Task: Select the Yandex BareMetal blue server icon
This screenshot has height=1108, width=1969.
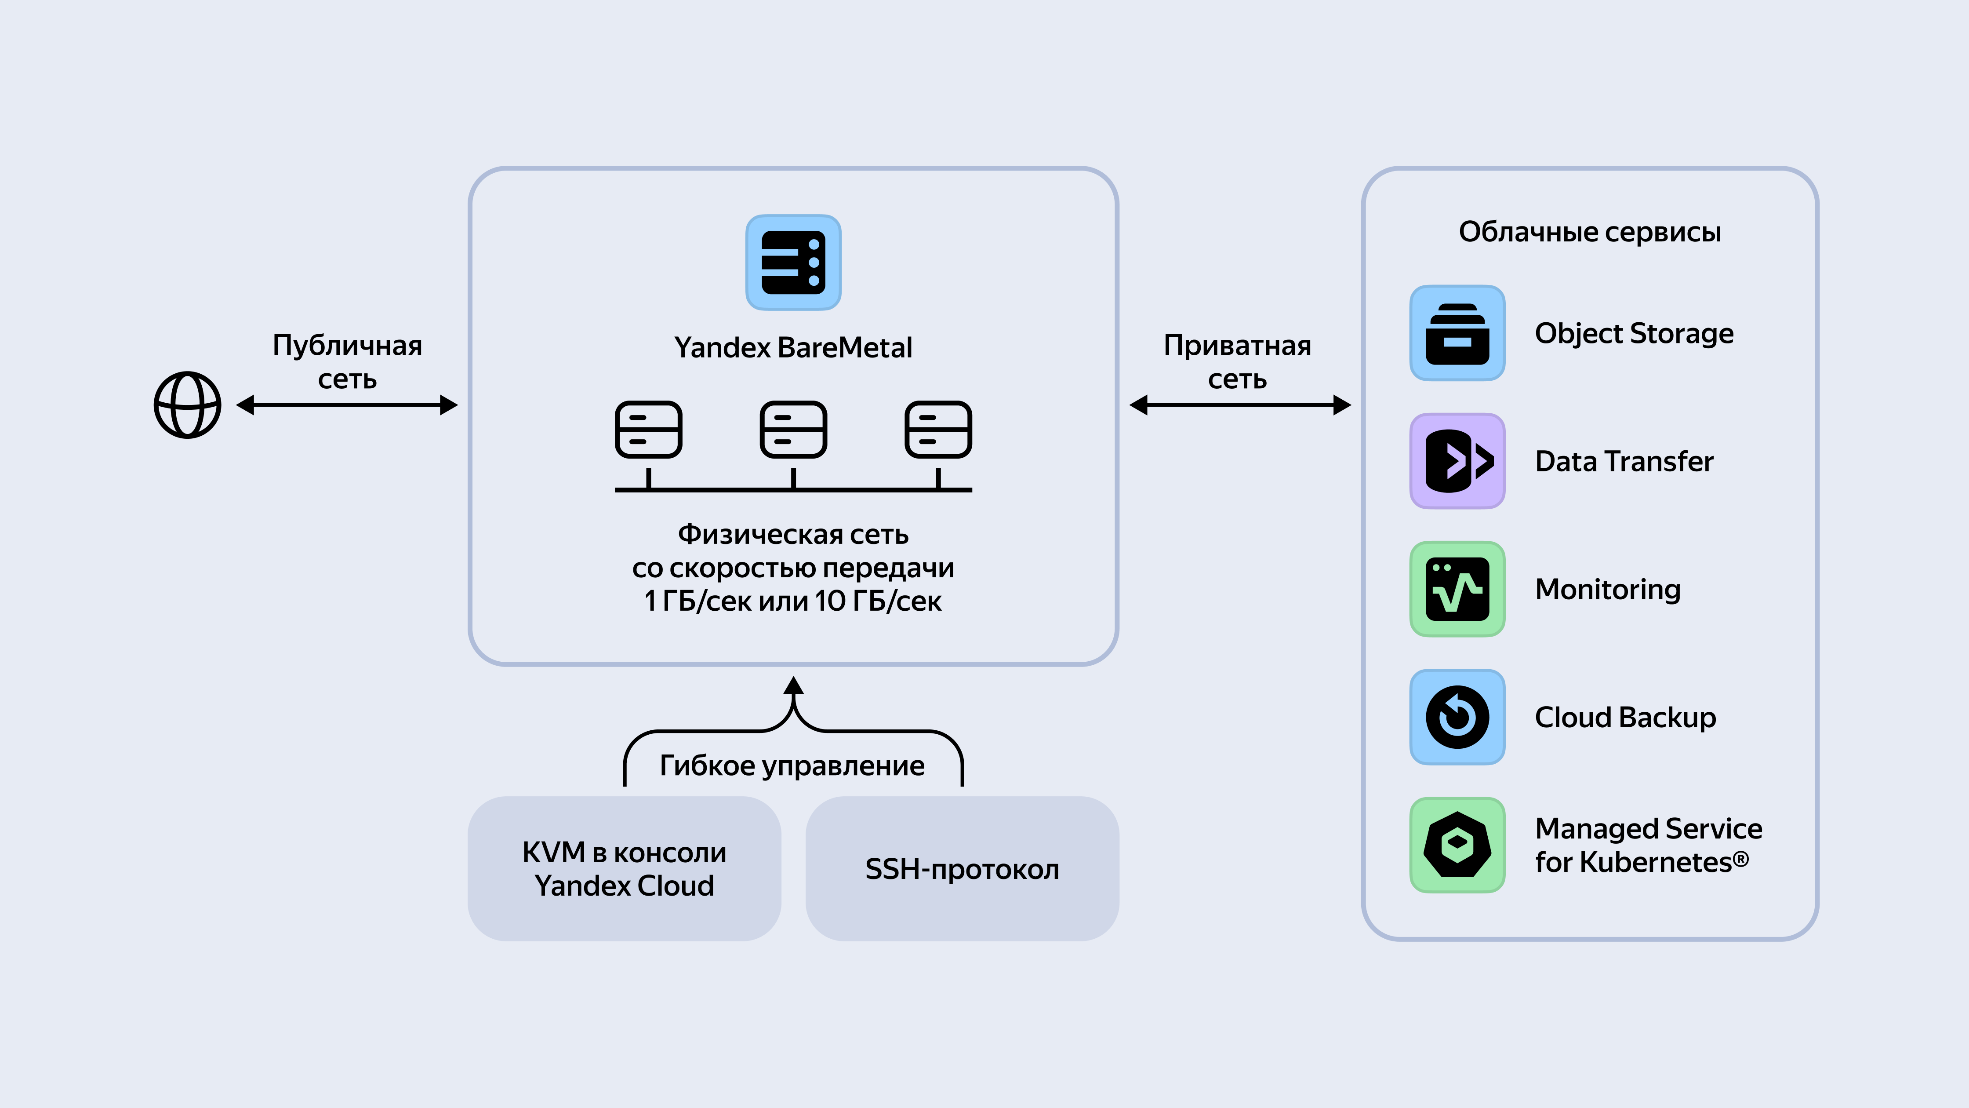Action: click(793, 262)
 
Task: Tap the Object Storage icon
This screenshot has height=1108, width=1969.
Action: click(1457, 333)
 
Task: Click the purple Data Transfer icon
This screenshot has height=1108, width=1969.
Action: click(1457, 461)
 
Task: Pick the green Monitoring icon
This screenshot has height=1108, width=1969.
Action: click(1457, 589)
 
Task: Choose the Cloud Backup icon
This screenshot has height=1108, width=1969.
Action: click(1457, 717)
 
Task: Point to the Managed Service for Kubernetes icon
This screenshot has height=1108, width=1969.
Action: click(1457, 845)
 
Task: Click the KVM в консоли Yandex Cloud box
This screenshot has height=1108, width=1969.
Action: click(624, 869)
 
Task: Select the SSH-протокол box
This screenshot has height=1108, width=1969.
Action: click(962, 869)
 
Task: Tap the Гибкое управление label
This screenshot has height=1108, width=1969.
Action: click(792, 765)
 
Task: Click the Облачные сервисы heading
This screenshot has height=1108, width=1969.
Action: click(1589, 232)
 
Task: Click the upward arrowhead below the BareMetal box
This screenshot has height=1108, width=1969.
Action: click(793, 686)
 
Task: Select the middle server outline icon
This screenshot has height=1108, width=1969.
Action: click(793, 430)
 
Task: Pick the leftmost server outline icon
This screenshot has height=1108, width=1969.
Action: click(648, 430)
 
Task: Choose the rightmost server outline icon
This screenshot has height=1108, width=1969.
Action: click(938, 430)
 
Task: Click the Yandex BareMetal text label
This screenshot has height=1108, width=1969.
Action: click(793, 348)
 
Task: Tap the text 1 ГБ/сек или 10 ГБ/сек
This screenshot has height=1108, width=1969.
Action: click(793, 601)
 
